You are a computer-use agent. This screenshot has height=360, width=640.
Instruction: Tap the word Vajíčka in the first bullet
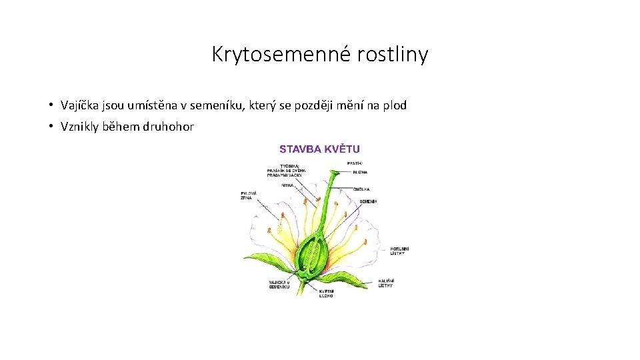[79, 105]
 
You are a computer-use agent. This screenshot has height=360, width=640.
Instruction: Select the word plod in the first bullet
[394, 105]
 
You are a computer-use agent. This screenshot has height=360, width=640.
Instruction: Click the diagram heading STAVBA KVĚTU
[319, 149]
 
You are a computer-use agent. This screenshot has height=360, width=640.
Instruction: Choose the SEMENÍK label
[369, 201]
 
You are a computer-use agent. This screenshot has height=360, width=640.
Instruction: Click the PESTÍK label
[355, 163]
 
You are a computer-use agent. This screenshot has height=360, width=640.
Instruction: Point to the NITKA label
[287, 185]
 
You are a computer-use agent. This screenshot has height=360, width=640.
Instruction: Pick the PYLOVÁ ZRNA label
[248, 196]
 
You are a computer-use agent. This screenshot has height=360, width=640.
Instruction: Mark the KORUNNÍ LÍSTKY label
[399, 251]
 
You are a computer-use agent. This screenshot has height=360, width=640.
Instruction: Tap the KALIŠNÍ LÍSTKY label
[386, 283]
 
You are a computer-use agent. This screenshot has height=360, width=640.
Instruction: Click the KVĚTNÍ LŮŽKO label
[325, 293]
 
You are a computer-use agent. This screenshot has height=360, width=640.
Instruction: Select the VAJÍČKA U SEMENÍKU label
[279, 285]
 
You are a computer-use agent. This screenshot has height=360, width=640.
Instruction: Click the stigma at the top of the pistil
[333, 175]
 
